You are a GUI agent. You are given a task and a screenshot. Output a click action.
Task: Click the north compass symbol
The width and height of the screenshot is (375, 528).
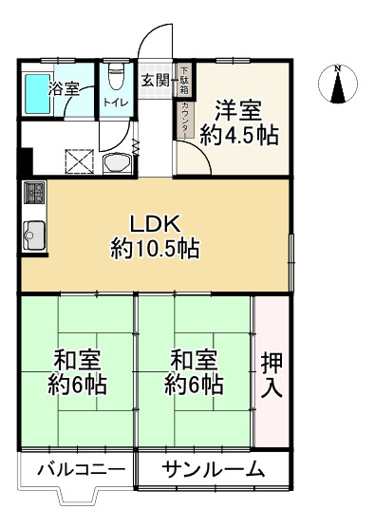click(338, 83)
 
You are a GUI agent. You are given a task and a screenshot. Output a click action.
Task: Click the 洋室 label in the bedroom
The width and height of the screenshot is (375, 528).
click(238, 108)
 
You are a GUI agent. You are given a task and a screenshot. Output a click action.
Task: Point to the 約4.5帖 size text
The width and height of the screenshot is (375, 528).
click(238, 135)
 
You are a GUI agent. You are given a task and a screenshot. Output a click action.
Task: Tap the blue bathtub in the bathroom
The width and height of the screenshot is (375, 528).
click(38, 95)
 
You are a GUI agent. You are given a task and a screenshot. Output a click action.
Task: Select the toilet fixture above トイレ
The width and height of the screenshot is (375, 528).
click(117, 75)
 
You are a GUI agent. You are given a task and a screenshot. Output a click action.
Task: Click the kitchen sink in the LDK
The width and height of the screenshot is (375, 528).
click(33, 234)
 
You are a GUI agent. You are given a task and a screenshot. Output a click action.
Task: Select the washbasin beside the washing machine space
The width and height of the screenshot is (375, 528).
click(117, 162)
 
